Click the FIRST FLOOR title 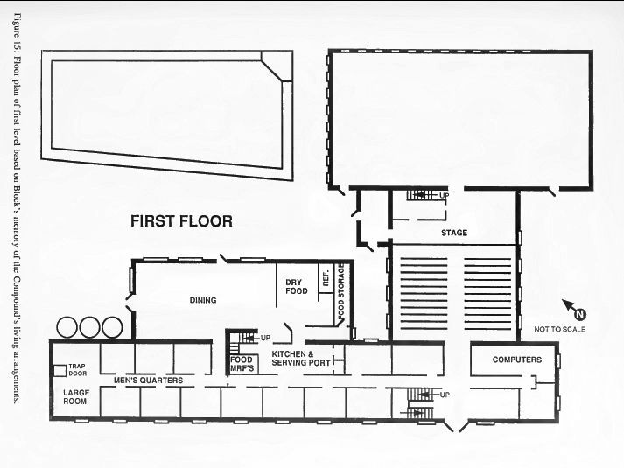pyautogui.click(x=181, y=221)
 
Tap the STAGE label pyautogui.click(x=454, y=233)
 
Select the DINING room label pyautogui.click(x=203, y=300)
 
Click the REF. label pyautogui.click(x=326, y=278)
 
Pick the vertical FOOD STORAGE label pyautogui.click(x=341, y=290)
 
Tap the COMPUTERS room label pyautogui.click(x=517, y=360)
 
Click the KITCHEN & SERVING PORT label pyautogui.click(x=301, y=359)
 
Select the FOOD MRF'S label pyautogui.click(x=242, y=364)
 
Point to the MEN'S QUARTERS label pyautogui.click(x=149, y=381)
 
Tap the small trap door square pyautogui.click(x=60, y=371)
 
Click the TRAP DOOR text pyautogui.click(x=77, y=370)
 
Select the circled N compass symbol pyautogui.click(x=580, y=314)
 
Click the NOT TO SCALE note pyautogui.click(x=559, y=329)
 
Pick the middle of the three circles pyautogui.click(x=89, y=328)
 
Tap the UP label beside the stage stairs pyautogui.click(x=444, y=196)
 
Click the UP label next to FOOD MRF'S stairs pyautogui.click(x=265, y=338)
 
